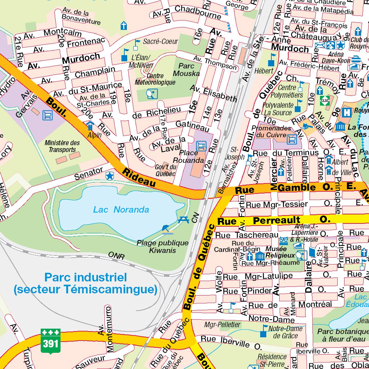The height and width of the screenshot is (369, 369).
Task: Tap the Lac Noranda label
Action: point(121,209)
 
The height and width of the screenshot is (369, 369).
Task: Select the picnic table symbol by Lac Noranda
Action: point(183,219)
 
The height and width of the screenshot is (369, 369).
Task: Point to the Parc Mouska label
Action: point(186,70)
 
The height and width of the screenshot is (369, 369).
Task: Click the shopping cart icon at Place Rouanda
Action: point(201,146)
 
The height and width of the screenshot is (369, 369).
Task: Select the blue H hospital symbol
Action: point(347,112)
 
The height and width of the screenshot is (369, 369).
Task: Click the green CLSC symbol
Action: point(325,101)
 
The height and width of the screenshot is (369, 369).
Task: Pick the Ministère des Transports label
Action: point(62,146)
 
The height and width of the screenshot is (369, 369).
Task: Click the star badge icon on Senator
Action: point(109,176)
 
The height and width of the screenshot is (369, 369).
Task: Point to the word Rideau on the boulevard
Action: point(139,177)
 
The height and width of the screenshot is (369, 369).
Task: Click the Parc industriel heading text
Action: point(85,283)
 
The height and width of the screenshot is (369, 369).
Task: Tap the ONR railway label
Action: point(116,256)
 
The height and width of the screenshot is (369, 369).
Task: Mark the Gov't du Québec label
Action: point(166,170)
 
